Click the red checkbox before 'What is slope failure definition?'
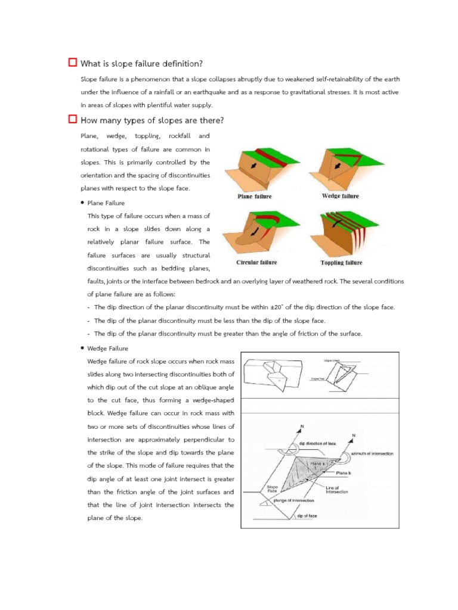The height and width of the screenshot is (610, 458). pyautogui.click(x=73, y=63)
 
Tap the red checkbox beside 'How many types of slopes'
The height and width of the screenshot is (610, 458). pyautogui.click(x=73, y=120)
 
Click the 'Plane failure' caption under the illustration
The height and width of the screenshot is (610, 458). pyautogui.click(x=255, y=197)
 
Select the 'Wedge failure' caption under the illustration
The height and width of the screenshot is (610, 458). pyautogui.click(x=341, y=196)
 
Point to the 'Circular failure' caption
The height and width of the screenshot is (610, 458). pyautogui.click(x=256, y=262)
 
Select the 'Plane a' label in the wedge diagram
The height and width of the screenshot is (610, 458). pyautogui.click(x=318, y=463)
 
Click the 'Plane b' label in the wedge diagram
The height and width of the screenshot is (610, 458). pyautogui.click(x=343, y=472)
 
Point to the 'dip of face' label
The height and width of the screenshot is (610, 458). pyautogui.click(x=307, y=516)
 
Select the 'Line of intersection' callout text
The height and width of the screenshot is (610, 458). pyautogui.click(x=337, y=489)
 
